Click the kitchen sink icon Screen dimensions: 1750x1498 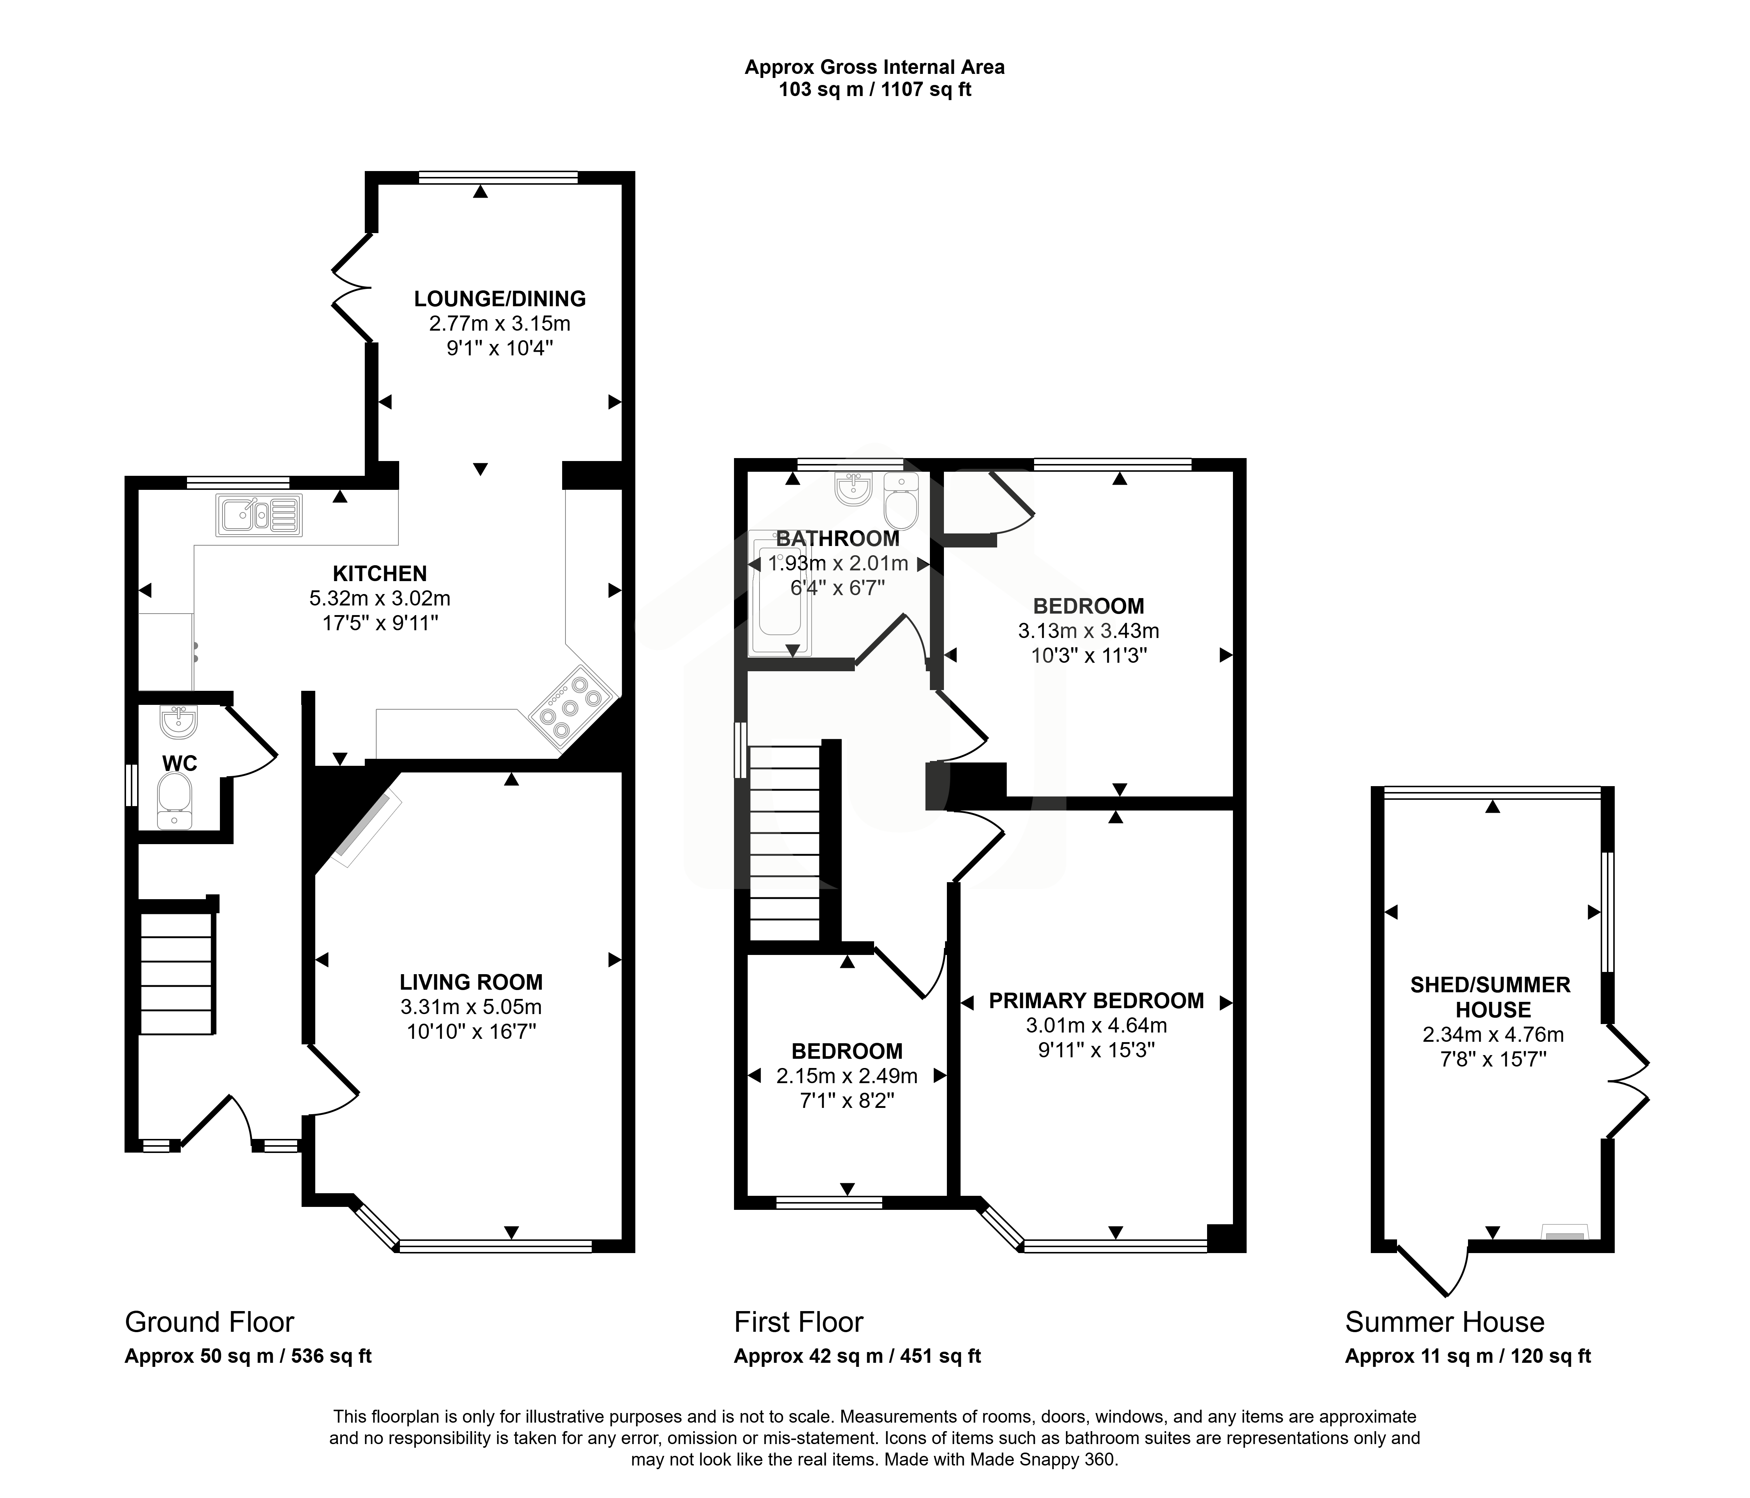(x=259, y=515)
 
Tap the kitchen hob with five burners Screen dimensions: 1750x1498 (x=572, y=707)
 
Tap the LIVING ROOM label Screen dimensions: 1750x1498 (x=471, y=982)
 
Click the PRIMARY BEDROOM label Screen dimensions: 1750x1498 (x=1096, y=1001)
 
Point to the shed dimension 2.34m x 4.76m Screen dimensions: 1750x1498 (x=1493, y=1034)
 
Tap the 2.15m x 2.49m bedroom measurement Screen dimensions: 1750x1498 (x=847, y=1076)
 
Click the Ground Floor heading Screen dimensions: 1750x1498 (x=210, y=1321)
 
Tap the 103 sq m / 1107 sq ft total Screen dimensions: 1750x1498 (x=875, y=89)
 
